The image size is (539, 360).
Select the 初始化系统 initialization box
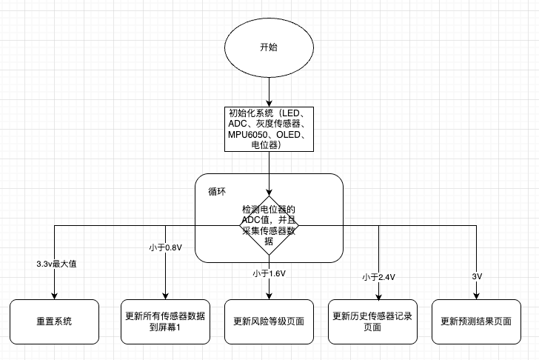point(269,129)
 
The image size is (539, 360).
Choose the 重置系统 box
point(54,321)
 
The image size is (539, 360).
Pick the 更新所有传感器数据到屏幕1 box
point(165,321)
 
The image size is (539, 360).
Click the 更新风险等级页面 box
point(269,321)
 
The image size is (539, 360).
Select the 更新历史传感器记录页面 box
point(372,321)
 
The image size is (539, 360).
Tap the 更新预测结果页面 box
point(476,321)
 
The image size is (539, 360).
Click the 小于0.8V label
point(164,247)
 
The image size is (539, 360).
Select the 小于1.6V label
point(269,273)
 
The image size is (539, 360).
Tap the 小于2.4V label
point(378,277)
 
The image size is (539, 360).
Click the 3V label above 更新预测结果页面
point(477,276)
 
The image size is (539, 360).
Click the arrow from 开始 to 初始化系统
point(269,92)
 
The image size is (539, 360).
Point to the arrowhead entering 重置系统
point(54,296)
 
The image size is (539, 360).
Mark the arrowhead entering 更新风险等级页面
point(269,296)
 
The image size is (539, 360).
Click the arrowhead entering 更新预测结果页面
point(476,296)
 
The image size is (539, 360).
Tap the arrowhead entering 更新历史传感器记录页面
point(378,296)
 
